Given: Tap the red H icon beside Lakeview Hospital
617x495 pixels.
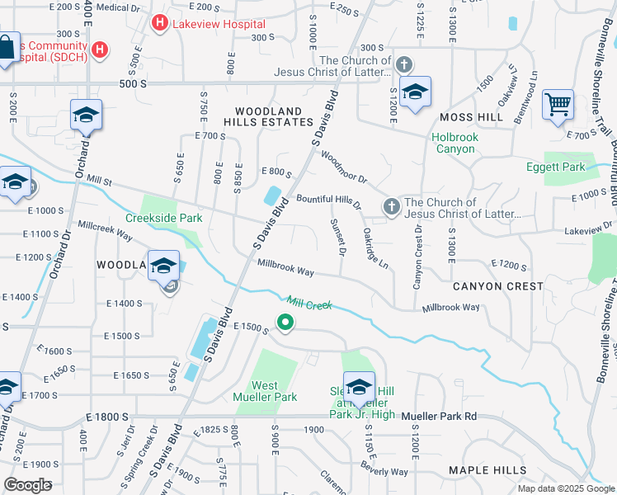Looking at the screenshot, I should coord(160,24).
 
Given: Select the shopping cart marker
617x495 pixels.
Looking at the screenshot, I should coord(558,106).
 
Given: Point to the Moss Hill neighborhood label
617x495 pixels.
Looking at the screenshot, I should coord(472,118).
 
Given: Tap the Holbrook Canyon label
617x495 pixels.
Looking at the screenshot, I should coord(453,144).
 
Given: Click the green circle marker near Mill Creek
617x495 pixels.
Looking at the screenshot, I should coord(285,323).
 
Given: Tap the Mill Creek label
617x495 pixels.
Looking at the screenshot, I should coord(309,304).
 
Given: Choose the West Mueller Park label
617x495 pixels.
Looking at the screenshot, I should coord(276,391).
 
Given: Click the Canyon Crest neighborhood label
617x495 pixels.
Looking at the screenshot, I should coord(497,286).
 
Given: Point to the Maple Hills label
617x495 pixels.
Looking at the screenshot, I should coord(487,470).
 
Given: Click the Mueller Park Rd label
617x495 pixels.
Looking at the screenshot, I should coord(440,417).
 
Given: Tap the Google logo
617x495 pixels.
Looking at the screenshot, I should coord(27,485).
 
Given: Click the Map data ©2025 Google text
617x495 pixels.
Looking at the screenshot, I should coord(565,488).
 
